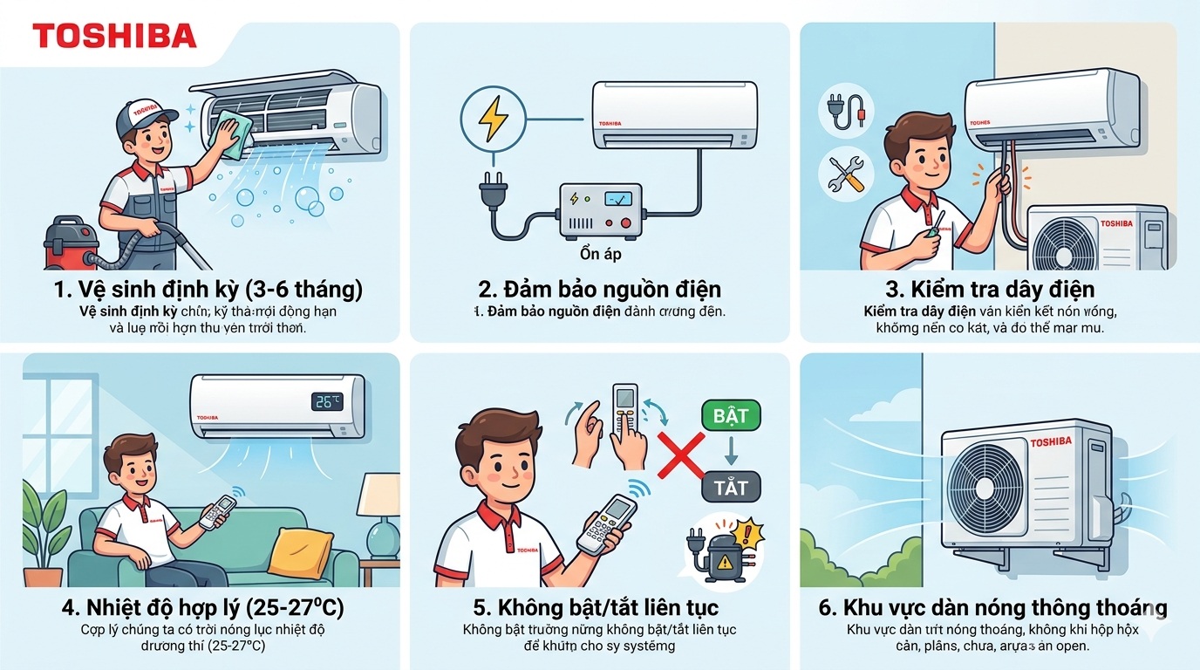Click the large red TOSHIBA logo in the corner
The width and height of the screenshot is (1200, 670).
pos(114,36)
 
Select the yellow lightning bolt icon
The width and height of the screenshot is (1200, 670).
pos(494,120)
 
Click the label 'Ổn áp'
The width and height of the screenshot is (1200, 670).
pos(600,255)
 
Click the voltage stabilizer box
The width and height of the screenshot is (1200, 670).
pos(600,212)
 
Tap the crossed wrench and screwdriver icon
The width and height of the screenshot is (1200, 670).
pos(845,172)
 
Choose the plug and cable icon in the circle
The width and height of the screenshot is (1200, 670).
pos(845,112)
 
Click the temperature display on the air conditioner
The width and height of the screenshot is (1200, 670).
pos(328,402)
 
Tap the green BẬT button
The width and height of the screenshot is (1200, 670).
pos(731,415)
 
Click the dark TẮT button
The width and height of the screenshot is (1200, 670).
pos(731,487)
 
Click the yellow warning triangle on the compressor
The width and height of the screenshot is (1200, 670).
pos(725,564)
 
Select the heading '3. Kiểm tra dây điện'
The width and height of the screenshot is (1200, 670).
pos(983,289)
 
